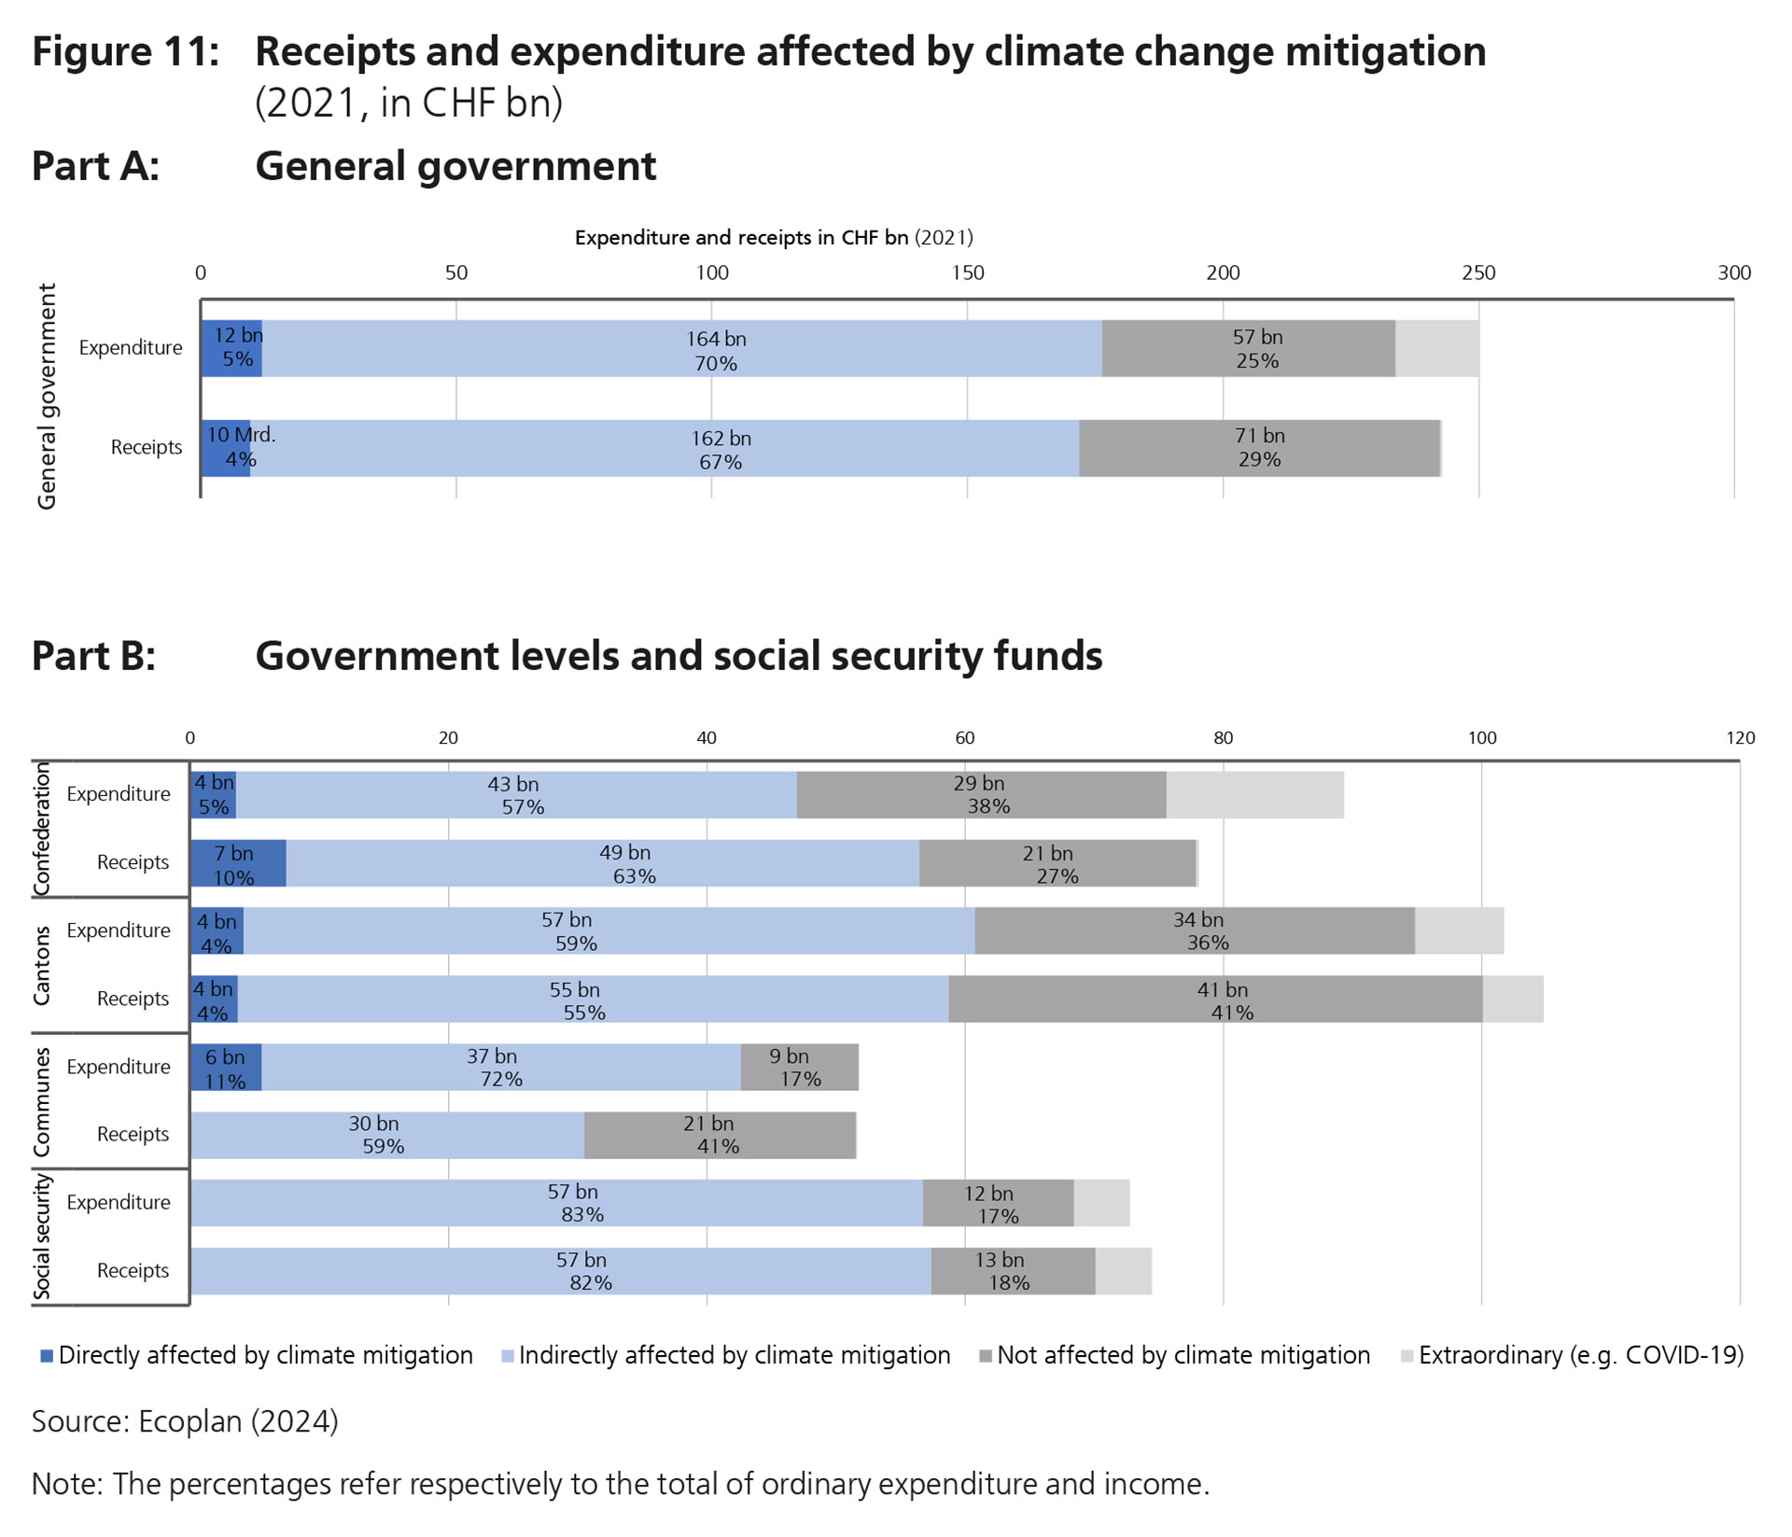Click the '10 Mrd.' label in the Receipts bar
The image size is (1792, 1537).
pos(241,435)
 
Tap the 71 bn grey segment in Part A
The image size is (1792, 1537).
pos(1259,448)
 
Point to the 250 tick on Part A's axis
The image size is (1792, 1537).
pos(1478,272)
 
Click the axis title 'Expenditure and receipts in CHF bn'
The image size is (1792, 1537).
pos(742,238)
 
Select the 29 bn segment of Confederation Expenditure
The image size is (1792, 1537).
pos(981,795)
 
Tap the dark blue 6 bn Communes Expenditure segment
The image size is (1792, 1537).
pos(226,1068)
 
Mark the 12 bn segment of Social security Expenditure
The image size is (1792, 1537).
pos(998,1204)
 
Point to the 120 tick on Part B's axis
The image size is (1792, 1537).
pos(1740,738)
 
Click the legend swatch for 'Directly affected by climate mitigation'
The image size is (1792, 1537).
pos(47,1356)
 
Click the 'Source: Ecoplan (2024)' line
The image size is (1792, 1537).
pos(185,1421)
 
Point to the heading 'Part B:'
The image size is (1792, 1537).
pos(93,656)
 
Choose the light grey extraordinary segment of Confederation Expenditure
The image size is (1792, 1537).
pos(1255,795)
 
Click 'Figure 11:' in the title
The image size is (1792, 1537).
pos(126,51)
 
